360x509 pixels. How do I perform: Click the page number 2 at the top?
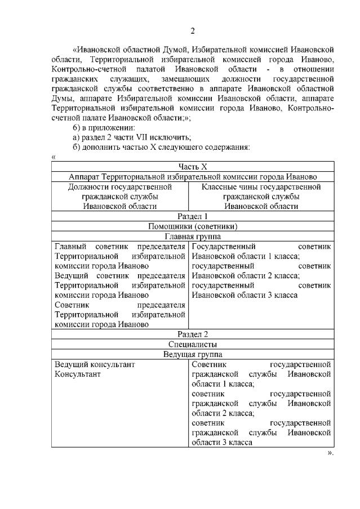[192, 30]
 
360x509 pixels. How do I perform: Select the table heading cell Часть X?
[193, 167]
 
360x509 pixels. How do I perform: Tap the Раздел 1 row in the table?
[193, 216]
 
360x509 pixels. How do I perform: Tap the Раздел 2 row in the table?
[193, 334]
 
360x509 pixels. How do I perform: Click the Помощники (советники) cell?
[193, 226]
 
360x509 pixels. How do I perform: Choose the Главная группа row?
[193, 236]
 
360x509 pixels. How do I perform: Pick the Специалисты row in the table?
[193, 344]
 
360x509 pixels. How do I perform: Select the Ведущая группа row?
[193, 354]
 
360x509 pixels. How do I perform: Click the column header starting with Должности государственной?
[120, 197]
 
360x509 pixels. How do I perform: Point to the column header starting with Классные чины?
[261, 197]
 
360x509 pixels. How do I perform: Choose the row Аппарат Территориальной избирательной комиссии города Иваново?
[193, 177]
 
